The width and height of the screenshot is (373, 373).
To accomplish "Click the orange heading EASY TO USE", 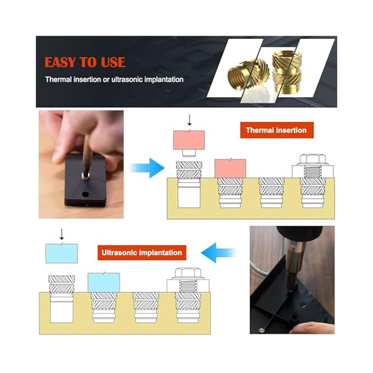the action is (x=85, y=62).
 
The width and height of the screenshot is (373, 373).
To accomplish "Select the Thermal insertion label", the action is (x=277, y=130).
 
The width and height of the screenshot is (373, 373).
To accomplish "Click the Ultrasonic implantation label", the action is (x=142, y=253).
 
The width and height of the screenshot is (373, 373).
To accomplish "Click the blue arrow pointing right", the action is (x=147, y=168).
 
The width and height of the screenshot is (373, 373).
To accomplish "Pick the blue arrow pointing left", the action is (x=219, y=253).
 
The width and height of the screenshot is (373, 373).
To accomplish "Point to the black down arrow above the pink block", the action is (x=190, y=120).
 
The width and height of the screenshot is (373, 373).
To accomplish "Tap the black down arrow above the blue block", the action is (x=62, y=234).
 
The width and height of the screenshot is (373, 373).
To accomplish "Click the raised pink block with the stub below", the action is (x=189, y=143).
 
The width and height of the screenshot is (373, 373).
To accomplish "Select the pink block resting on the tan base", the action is (x=230, y=168).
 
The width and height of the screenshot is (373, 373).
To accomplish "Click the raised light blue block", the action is (x=62, y=253).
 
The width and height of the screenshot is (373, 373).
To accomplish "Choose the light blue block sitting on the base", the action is (x=104, y=282).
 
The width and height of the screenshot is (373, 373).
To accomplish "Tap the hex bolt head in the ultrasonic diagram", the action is (x=188, y=273).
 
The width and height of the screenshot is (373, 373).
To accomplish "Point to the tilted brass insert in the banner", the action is (x=249, y=75).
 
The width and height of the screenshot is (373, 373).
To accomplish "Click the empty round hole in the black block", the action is (x=85, y=194).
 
